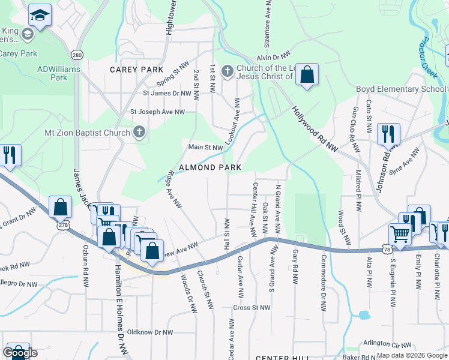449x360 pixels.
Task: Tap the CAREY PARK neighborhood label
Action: [136, 70]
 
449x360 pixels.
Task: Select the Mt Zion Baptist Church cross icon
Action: [139, 133]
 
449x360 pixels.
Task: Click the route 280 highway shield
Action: [76, 55]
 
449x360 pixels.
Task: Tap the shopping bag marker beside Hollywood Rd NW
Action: [307, 75]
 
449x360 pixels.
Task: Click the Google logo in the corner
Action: [20, 353]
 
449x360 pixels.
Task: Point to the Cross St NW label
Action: [250, 308]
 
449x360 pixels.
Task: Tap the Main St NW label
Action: [205, 147]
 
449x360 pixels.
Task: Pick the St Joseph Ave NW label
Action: [158, 112]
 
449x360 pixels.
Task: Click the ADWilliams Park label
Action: [58, 73]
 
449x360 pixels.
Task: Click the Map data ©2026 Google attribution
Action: [411, 355]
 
